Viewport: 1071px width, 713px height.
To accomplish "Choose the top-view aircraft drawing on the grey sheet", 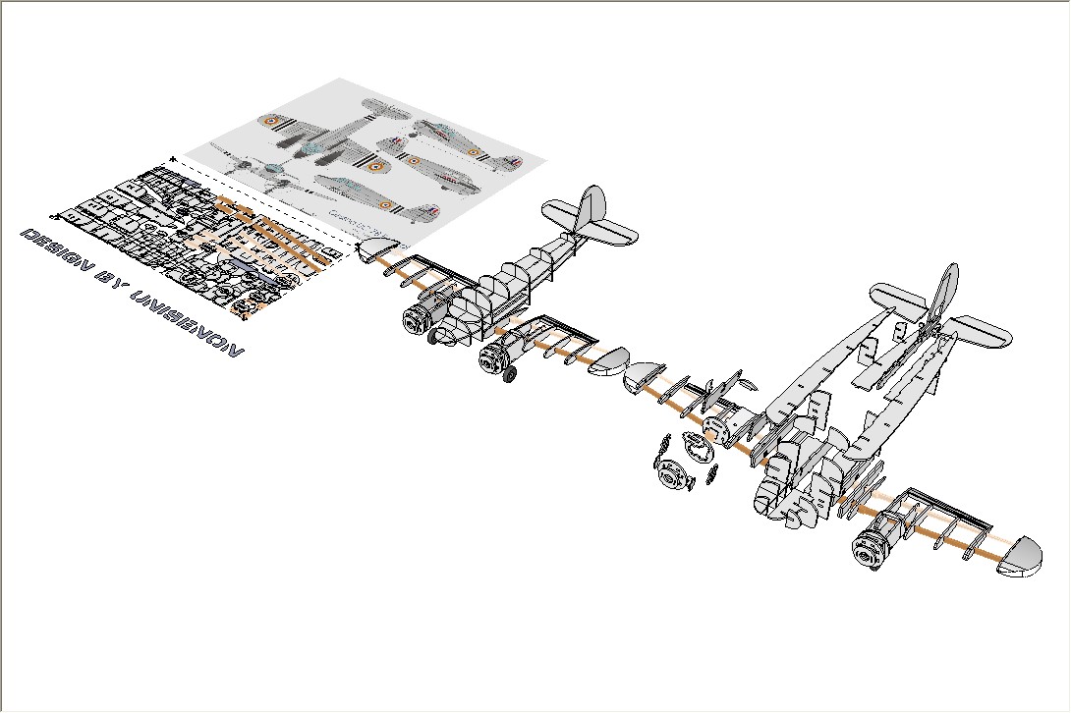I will click(324, 142).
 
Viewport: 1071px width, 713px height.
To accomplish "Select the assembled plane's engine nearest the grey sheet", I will click(419, 315).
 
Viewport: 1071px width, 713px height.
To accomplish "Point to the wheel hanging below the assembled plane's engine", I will click(509, 374).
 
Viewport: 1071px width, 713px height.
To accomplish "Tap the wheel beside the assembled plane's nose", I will click(433, 336).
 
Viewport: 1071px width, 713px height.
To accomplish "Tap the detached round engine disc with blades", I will click(672, 477).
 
